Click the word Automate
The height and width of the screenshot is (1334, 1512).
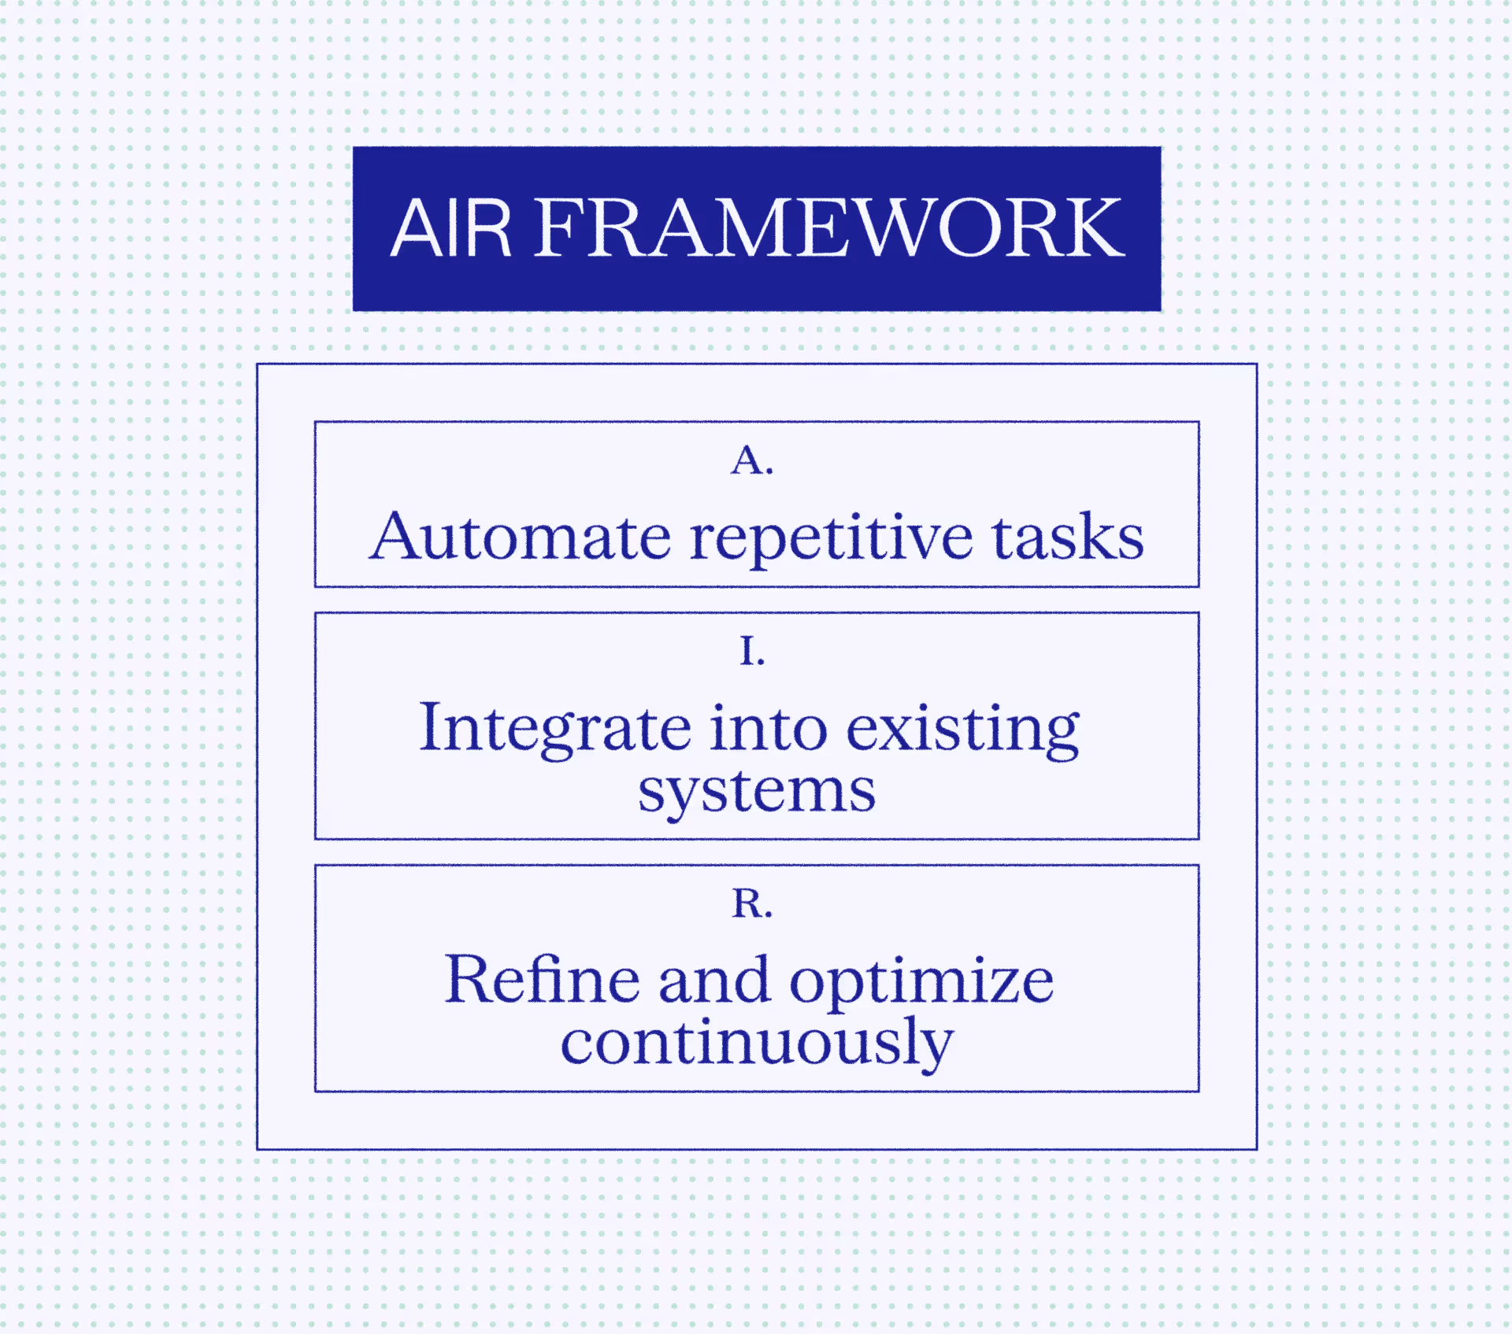[x=521, y=537]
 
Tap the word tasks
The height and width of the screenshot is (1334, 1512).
[x=1067, y=537]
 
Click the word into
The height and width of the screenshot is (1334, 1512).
[x=769, y=728]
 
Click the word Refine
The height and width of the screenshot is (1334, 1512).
[x=542, y=980]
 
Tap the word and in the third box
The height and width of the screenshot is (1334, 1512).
[x=713, y=981]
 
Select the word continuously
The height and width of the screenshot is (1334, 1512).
[x=757, y=1044]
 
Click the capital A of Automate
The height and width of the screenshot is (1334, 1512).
[x=393, y=537]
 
